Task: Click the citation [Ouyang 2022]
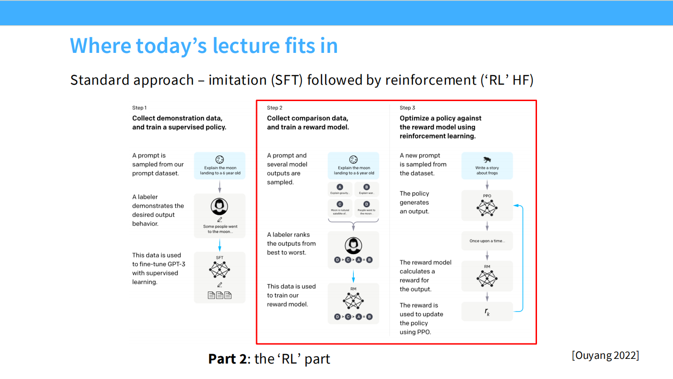[x=605, y=355]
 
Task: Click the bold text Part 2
[x=227, y=359]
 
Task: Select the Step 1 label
[x=139, y=108]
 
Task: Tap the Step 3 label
[x=407, y=108]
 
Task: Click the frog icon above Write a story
[x=487, y=160]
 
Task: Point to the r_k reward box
[x=487, y=312]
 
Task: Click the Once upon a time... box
[x=487, y=241]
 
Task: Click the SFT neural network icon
[x=220, y=269]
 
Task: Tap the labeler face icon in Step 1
[x=220, y=206]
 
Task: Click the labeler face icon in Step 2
[x=353, y=245]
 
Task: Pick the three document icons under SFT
[x=220, y=295]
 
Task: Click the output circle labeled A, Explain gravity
[x=340, y=187]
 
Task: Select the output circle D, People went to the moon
[x=366, y=204]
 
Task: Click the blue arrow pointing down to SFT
[x=220, y=245]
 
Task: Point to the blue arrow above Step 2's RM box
[x=353, y=276]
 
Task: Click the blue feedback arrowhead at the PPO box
[x=515, y=205]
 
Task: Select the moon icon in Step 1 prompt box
[x=220, y=160]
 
